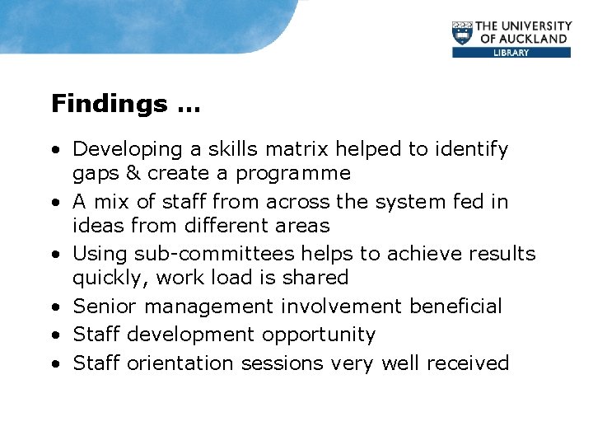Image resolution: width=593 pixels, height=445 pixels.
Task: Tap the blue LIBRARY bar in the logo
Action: click(x=511, y=52)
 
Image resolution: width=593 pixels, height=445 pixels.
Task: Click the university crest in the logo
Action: click(x=464, y=33)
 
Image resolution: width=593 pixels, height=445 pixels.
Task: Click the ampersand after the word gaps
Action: click(x=132, y=174)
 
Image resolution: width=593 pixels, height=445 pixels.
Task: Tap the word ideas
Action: click(x=99, y=226)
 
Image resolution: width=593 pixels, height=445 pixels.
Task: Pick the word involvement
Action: click(x=339, y=307)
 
